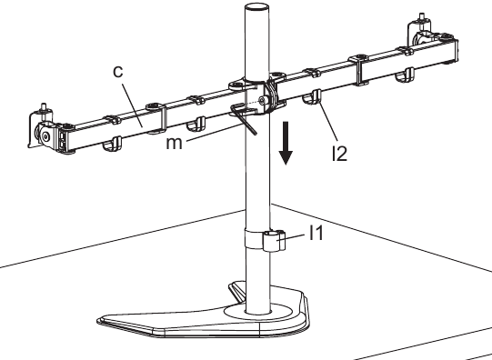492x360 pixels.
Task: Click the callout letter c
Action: [117, 72]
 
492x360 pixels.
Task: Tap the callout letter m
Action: [174, 143]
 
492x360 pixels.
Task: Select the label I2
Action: [339, 154]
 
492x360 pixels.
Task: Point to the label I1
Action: [316, 233]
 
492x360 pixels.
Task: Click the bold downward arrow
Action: [286, 144]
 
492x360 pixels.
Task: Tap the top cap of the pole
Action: [256, 8]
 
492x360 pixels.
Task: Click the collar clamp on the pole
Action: [265, 240]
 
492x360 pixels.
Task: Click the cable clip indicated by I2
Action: [312, 97]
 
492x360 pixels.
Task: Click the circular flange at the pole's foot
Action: [258, 313]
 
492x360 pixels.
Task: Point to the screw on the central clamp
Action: [262, 100]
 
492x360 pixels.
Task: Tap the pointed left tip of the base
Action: [98, 320]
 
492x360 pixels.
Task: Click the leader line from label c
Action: [133, 105]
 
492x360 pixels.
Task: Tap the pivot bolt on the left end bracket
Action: [45, 136]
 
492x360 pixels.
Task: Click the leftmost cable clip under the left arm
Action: [113, 144]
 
